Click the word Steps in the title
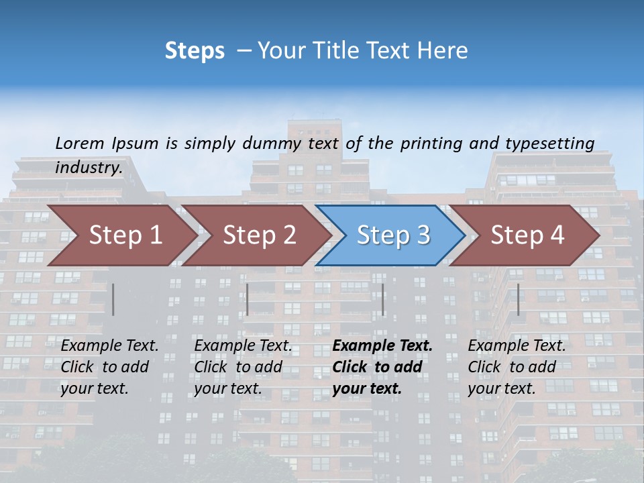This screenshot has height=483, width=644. pos(195,51)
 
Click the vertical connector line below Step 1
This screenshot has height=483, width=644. pos(113,299)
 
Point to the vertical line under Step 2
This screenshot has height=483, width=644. pos(248,299)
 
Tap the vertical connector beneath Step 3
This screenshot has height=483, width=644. pos(383,299)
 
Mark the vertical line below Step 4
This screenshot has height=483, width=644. pos(518,299)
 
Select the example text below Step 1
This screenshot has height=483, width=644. pos(109,367)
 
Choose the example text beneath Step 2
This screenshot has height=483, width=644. pos(243,367)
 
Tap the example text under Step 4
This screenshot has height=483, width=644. pos(517,367)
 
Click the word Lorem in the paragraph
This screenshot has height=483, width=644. pos(80,143)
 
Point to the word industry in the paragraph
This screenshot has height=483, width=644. pos(89,168)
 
